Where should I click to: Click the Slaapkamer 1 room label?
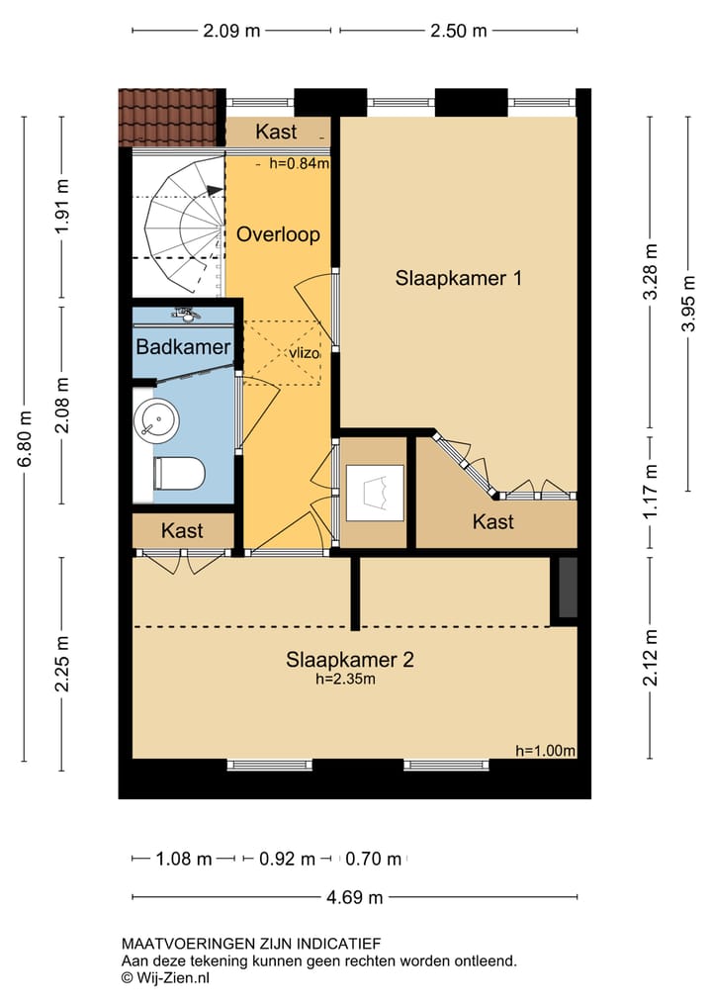coord(458,278)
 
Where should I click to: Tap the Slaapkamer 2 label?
coord(350,660)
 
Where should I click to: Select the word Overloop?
coord(279,234)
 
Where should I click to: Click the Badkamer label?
coord(184,347)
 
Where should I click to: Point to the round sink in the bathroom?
coord(156,417)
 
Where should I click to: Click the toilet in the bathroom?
coord(179,474)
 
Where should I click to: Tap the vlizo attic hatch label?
coord(304,353)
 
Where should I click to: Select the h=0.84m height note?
coord(299,163)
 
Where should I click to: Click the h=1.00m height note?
coord(545,751)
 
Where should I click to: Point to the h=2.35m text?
coord(345,679)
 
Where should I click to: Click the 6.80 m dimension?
coord(25,439)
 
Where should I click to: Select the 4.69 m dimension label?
coord(355,897)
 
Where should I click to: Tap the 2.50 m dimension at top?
coord(459,30)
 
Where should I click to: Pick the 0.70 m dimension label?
coord(374,859)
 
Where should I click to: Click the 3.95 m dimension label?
coord(688,303)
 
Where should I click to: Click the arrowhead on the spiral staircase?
coord(215,190)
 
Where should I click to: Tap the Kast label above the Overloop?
coord(276,132)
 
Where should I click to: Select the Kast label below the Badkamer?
coord(182,530)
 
